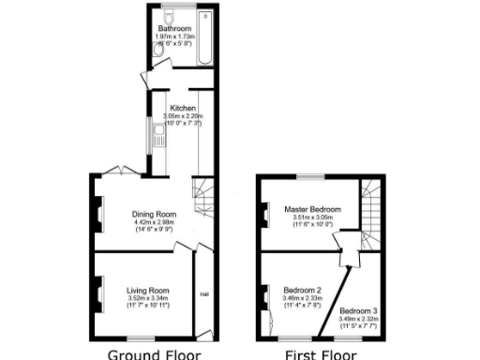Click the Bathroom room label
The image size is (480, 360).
(175, 28)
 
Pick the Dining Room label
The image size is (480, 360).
(154, 214)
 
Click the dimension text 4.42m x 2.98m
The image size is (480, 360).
(154, 221)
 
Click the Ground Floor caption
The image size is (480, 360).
(155, 353)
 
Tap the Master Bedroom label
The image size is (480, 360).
(313, 209)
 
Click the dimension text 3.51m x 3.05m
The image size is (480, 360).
(313, 217)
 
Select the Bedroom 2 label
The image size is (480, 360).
(303, 291)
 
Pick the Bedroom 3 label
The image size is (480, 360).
(359, 310)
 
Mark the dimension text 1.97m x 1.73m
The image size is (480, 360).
(175, 36)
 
